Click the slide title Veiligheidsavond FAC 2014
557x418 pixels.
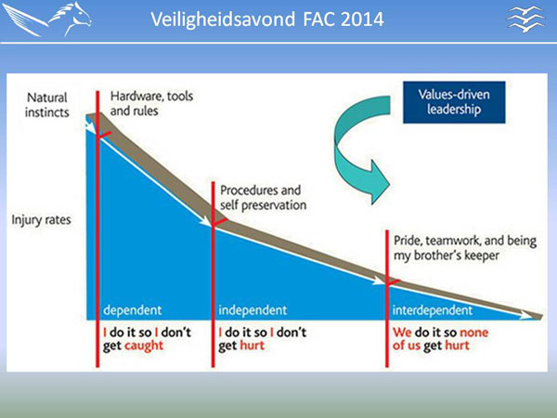267,20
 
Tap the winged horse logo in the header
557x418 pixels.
47,20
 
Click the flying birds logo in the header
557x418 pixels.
525,20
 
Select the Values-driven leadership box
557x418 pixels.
454,102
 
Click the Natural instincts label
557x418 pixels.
47,105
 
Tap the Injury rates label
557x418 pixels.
41,220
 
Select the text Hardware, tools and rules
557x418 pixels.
151,103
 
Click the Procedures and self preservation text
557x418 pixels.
263,198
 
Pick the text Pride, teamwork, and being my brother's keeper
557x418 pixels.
465,248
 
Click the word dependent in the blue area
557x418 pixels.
132,310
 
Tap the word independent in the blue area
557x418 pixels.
253,310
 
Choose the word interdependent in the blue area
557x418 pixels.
433,310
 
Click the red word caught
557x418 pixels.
144,346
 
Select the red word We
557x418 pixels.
402,333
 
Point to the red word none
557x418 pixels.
473,333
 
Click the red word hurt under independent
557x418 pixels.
253,346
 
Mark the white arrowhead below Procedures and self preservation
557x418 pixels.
205,221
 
